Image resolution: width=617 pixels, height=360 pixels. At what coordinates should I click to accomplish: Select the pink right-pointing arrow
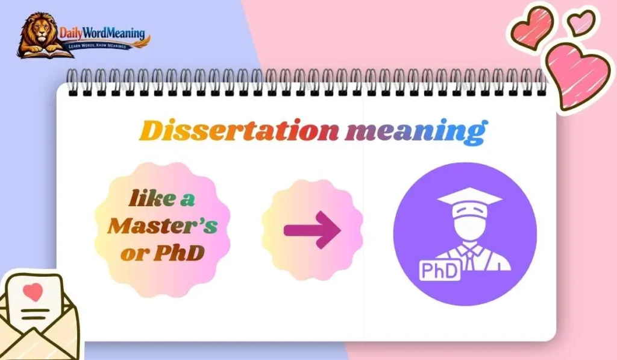[312, 229]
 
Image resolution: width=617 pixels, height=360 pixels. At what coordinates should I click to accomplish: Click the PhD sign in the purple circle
[439, 271]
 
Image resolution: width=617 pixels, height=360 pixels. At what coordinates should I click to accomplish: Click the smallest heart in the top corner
[581, 22]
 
